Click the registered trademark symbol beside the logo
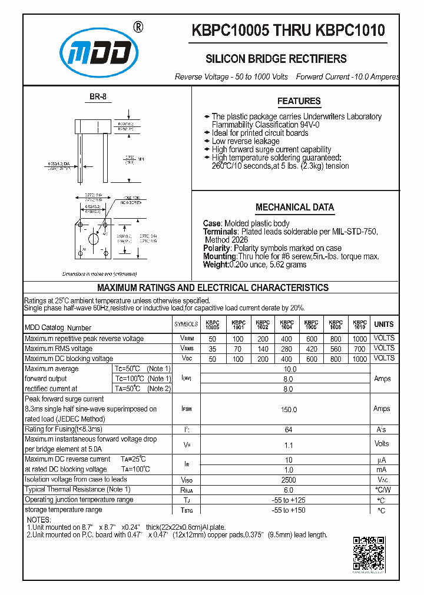coord(138,26)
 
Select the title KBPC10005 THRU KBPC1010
coord(287,31)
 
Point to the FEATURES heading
coord(299,101)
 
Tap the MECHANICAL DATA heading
coord(294,207)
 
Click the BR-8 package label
coord(98,98)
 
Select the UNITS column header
coord(384,324)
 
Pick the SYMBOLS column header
coord(187,325)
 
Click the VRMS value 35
coord(212,349)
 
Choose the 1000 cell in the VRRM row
coord(359,339)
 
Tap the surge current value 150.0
coord(289,409)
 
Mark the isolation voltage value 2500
coord(289,480)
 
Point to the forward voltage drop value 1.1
coord(289,445)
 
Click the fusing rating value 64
coord(289,430)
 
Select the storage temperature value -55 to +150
coord(289,510)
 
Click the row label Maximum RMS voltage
coord(59,349)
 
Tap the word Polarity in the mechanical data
coord(217,248)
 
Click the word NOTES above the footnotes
coord(39,520)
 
